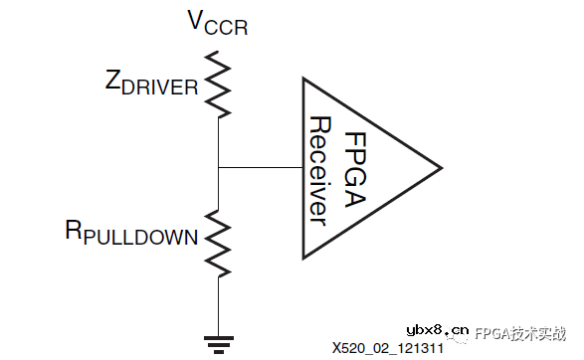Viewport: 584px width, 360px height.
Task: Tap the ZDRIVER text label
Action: (x=150, y=86)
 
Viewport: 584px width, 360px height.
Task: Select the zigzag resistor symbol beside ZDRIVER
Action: (x=218, y=85)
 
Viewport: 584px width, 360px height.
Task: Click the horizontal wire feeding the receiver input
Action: (x=259, y=166)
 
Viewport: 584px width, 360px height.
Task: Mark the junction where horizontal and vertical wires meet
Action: (x=218, y=166)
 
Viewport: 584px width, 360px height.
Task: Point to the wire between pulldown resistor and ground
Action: (x=218, y=303)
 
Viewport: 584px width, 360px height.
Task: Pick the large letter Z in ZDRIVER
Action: (x=112, y=83)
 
